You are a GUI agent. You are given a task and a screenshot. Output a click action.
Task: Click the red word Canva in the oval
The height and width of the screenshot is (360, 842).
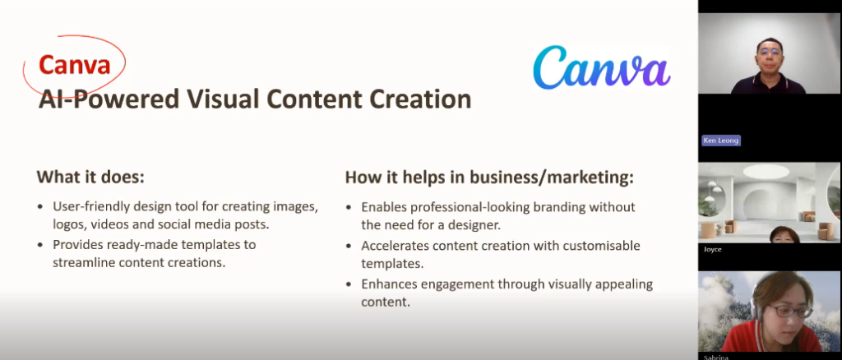(x=74, y=65)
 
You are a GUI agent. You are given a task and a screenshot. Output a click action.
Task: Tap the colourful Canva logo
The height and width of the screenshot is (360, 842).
(x=601, y=67)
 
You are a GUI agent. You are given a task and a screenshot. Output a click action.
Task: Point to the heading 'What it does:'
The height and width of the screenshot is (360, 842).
(x=90, y=177)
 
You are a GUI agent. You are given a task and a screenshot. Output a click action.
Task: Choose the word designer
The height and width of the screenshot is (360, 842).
(x=476, y=225)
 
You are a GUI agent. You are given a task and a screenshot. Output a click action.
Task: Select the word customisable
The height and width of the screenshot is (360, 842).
(x=604, y=246)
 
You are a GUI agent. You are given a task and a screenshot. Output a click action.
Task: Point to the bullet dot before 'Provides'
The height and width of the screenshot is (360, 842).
(x=40, y=245)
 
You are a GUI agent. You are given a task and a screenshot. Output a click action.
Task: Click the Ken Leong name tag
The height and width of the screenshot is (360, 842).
(x=720, y=141)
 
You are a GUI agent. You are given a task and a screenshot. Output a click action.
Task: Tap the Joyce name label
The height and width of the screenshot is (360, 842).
(x=712, y=249)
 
